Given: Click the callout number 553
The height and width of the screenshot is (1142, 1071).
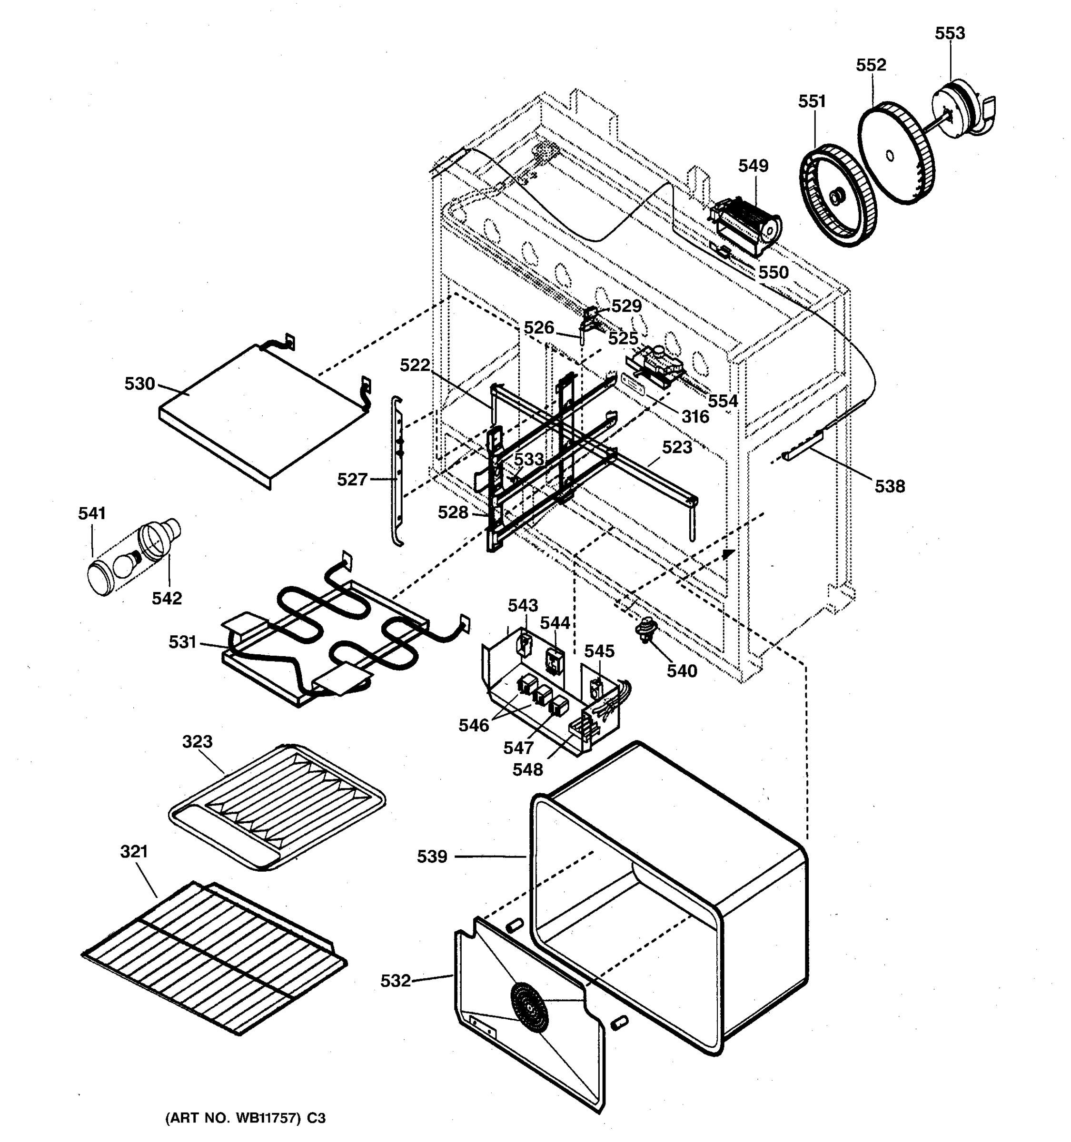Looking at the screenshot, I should (949, 33).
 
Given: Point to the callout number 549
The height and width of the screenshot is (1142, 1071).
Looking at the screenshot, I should (753, 166).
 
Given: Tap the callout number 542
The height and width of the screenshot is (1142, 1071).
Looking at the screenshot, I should (167, 598).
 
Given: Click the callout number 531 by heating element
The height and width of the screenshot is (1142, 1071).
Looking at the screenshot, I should (182, 641).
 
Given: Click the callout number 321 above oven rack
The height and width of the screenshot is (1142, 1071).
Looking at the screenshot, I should (134, 851).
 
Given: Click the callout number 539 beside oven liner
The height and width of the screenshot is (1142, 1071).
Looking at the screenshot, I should (432, 856).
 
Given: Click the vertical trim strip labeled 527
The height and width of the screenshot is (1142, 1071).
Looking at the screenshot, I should (397, 471).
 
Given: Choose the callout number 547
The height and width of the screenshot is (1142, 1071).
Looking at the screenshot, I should (518, 748).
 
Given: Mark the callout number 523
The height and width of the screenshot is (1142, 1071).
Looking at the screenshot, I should (677, 447).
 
